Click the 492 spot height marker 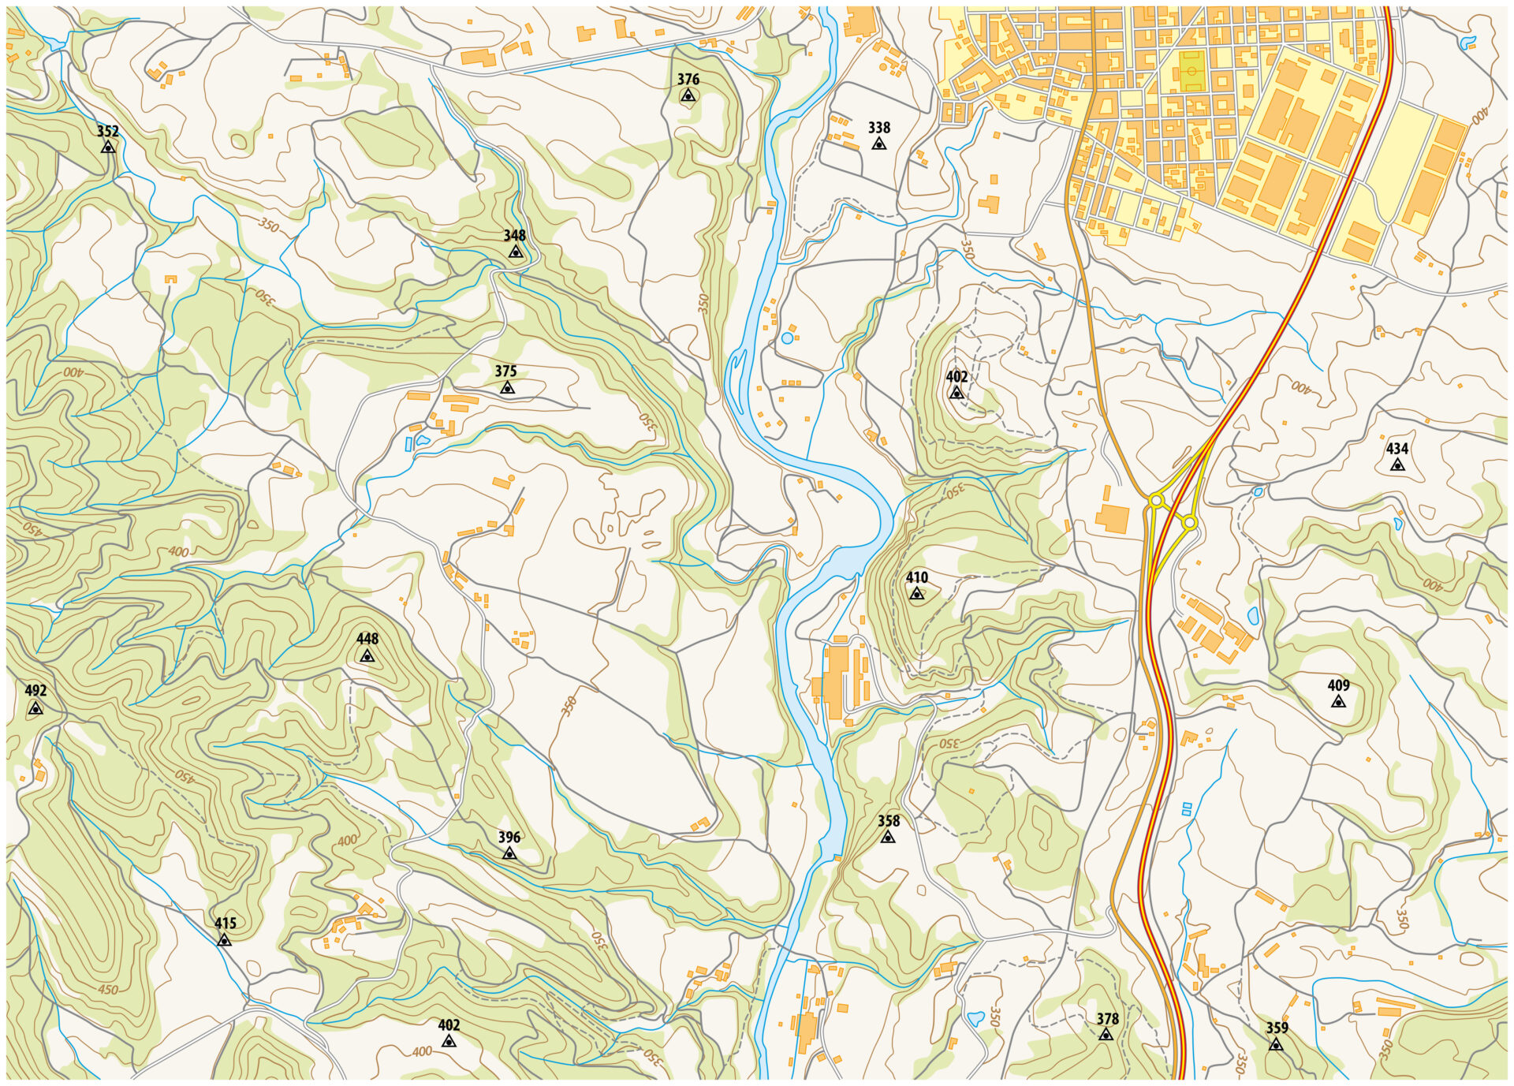(35, 709)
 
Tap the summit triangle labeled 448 (367, 656)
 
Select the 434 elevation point (1397, 465)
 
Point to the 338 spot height (878, 144)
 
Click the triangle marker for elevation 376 (688, 95)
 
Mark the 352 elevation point (108, 147)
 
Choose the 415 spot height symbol (225, 940)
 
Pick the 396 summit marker (509, 853)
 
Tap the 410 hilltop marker (916, 594)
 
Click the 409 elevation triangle (1338, 701)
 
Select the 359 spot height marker (1276, 1044)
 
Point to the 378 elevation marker (1106, 1035)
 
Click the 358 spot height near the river (888, 838)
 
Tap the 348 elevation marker (515, 252)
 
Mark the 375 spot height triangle (507, 388)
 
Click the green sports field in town (1192, 70)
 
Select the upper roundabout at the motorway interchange (1157, 499)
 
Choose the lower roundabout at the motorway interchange (1189, 522)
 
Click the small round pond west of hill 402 (787, 338)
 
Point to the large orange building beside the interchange (1112, 517)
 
